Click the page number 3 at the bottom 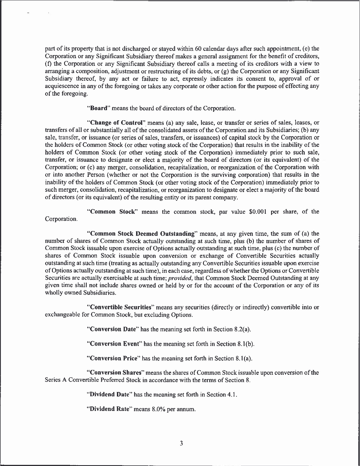click(181, 443)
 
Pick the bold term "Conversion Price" click(114, 358)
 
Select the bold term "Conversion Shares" click(115, 373)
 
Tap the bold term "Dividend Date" click(109, 395)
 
